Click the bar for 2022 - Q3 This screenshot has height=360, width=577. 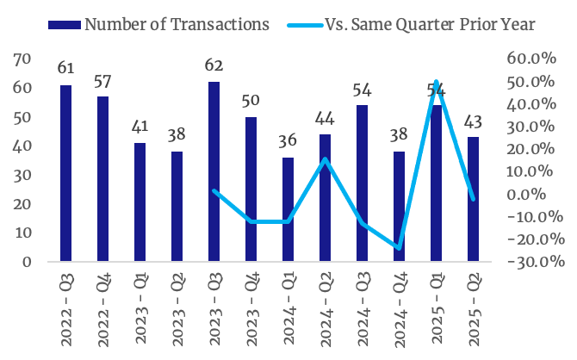pyautogui.click(x=65, y=173)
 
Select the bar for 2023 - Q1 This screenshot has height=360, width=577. pyautogui.click(x=140, y=202)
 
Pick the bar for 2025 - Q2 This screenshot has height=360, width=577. pyautogui.click(x=473, y=199)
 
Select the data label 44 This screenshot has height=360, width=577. pyautogui.click(x=325, y=117)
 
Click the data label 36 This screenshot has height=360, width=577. pyautogui.click(x=288, y=140)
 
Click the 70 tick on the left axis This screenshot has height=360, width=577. pyautogui.click(x=22, y=59)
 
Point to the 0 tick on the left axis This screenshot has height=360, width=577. pyautogui.click(x=27, y=262)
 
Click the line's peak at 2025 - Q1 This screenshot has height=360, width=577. pyautogui.click(x=437, y=82)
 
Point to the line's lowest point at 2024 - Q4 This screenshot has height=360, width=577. pyautogui.click(x=400, y=248)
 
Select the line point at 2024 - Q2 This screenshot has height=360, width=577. pyautogui.click(x=325, y=159)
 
